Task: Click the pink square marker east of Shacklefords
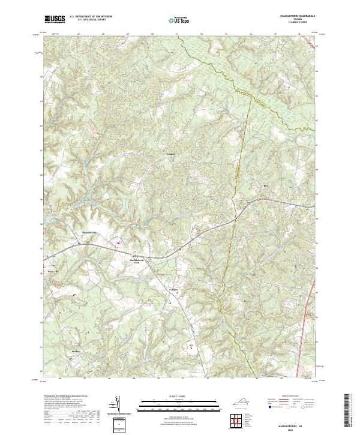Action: tap(119, 243)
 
